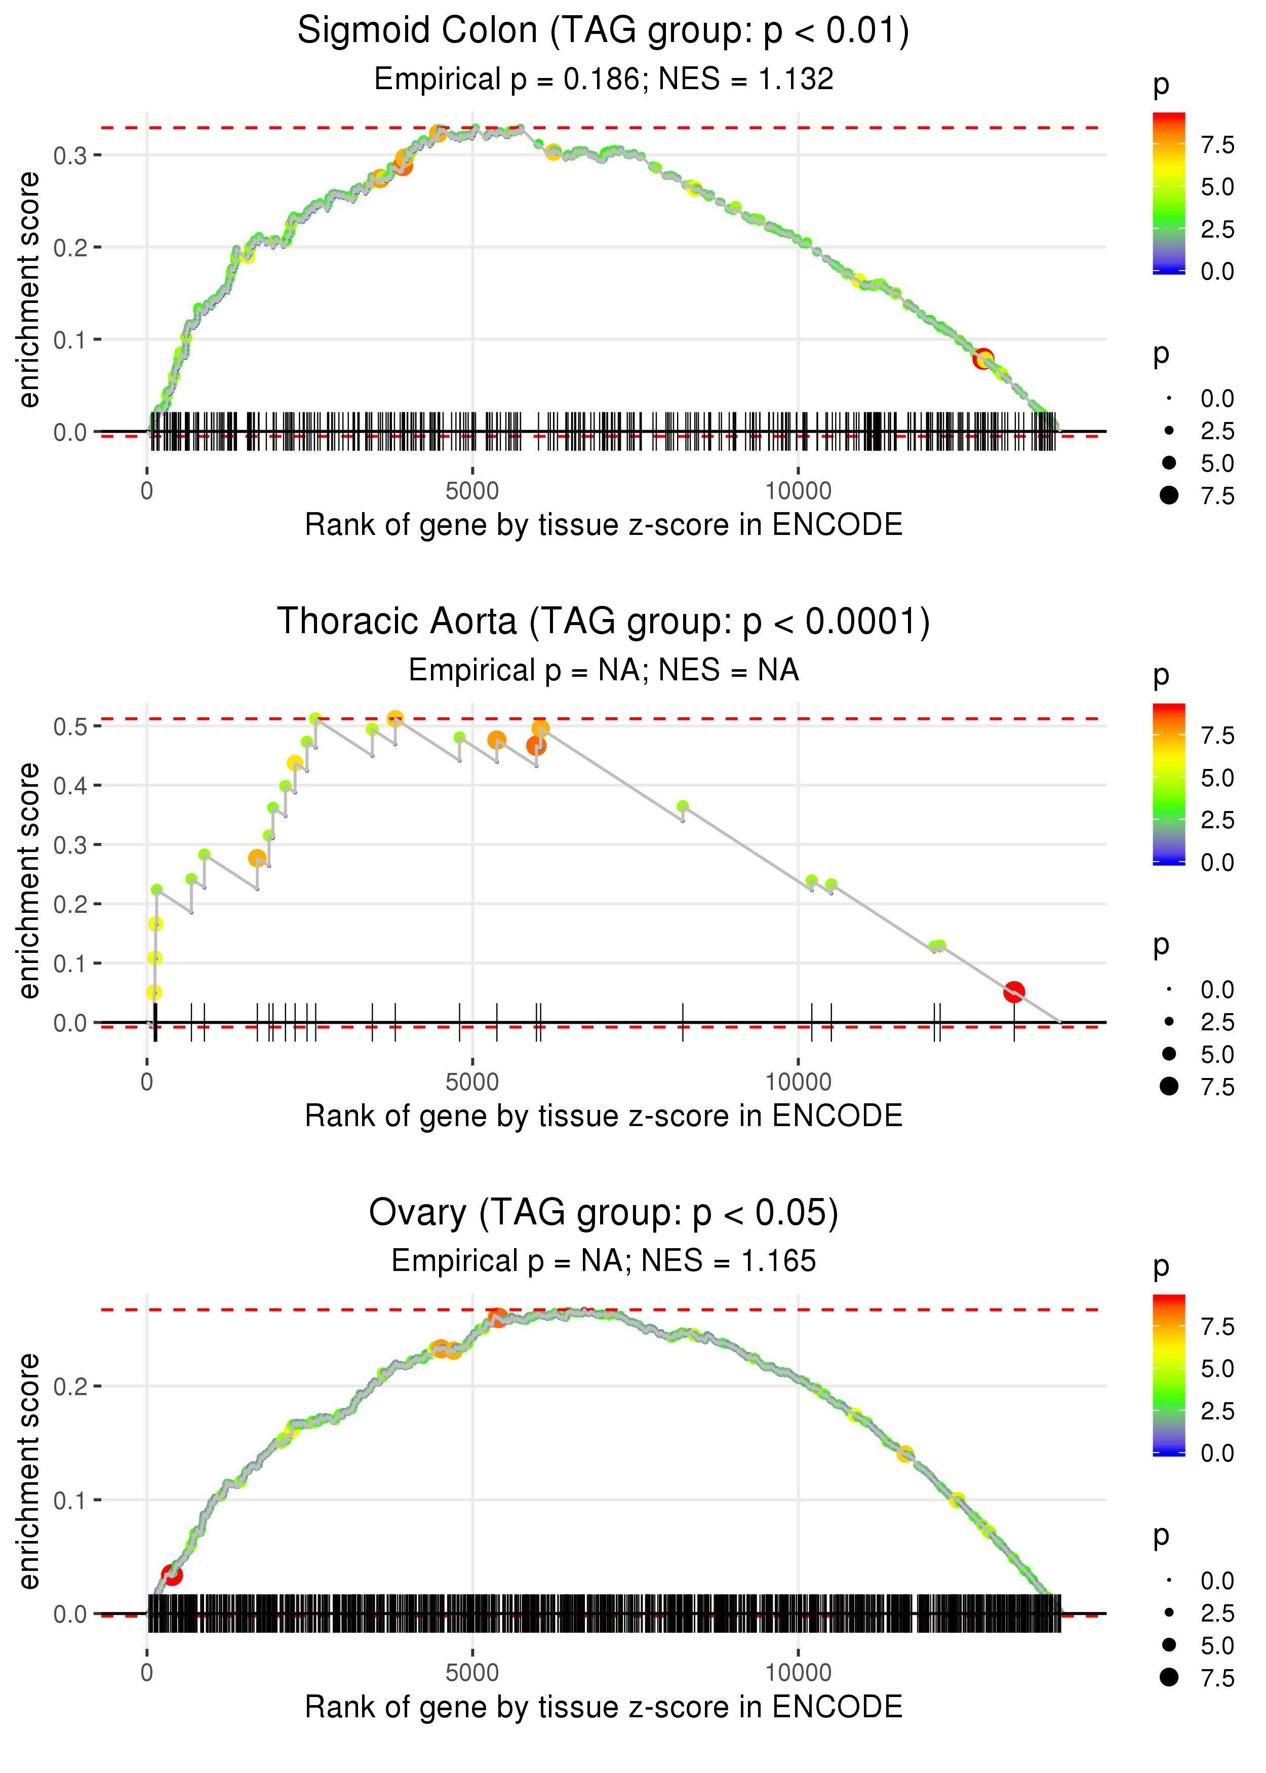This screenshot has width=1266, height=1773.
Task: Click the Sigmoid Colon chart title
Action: click(603, 31)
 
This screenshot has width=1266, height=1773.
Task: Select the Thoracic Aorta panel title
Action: click(603, 622)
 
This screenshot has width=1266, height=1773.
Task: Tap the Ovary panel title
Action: click(603, 1213)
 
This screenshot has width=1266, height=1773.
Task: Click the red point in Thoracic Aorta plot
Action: click(1013, 992)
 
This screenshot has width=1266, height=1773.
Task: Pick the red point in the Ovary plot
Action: click(172, 1575)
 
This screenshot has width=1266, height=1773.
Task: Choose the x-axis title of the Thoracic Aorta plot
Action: click(603, 1116)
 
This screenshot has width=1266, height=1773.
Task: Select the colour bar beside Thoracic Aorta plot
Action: click(1169, 784)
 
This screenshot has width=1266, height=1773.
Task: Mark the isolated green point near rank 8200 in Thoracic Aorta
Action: click(683, 806)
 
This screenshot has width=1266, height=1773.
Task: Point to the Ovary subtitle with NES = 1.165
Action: click(603, 1261)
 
